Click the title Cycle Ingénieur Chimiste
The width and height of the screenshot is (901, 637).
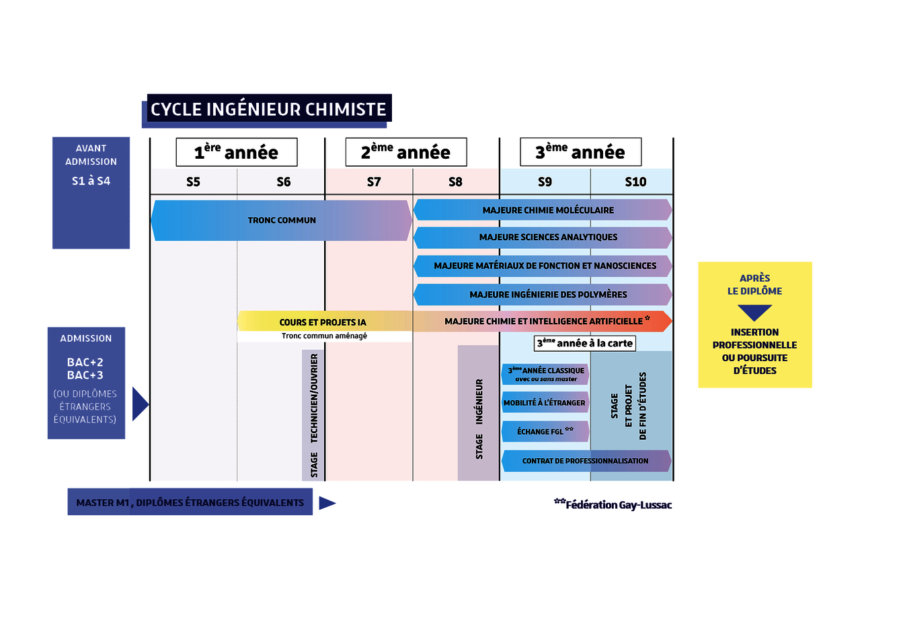(x=268, y=109)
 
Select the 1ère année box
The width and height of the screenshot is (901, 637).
(x=237, y=152)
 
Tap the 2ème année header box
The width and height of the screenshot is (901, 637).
(x=405, y=152)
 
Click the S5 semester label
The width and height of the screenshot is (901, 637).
(x=193, y=182)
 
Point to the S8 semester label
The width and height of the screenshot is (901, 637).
(x=455, y=182)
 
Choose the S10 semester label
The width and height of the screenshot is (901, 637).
(x=635, y=182)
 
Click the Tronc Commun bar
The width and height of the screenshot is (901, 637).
(x=282, y=220)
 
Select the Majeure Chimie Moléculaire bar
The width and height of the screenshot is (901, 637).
(x=547, y=210)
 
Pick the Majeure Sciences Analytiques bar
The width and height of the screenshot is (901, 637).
(x=547, y=237)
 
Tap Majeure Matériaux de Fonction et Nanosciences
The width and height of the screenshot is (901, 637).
(x=545, y=266)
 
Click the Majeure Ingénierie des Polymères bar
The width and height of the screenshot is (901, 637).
(x=547, y=295)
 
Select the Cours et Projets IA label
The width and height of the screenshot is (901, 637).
(x=323, y=322)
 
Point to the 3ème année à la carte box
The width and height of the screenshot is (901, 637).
(x=584, y=343)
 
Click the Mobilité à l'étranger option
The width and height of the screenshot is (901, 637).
(x=545, y=403)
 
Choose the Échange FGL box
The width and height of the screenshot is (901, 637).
(x=545, y=431)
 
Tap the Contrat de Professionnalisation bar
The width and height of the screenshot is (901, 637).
(x=585, y=461)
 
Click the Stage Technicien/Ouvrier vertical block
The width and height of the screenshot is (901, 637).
(x=313, y=415)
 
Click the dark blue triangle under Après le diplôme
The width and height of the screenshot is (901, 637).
(x=754, y=312)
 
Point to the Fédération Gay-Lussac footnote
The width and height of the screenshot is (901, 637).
(x=613, y=504)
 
